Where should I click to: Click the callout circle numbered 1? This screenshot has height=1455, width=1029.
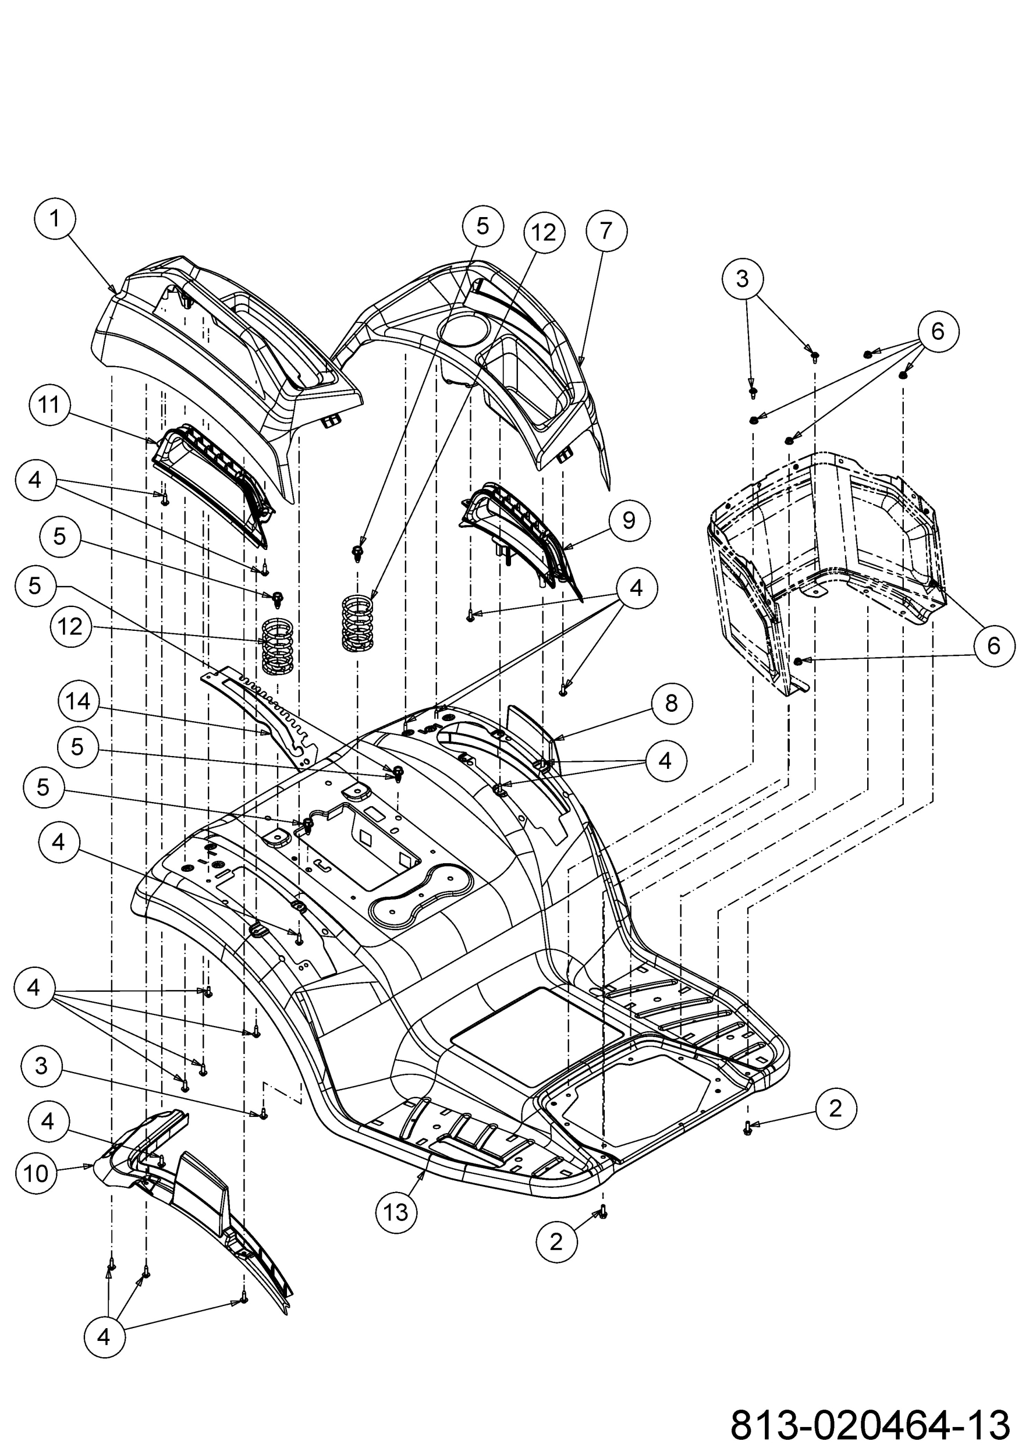55,219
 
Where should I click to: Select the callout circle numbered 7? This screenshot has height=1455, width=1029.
606,230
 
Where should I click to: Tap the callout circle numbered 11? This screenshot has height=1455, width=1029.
49,405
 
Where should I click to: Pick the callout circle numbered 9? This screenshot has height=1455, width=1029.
629,520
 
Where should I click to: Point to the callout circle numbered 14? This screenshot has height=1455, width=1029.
79,701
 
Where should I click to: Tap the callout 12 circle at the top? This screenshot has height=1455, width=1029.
544,233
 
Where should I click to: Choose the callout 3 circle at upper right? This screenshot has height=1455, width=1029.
743,278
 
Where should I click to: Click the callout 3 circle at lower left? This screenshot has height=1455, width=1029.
41,1066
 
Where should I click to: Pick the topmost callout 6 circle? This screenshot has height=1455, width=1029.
938,331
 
